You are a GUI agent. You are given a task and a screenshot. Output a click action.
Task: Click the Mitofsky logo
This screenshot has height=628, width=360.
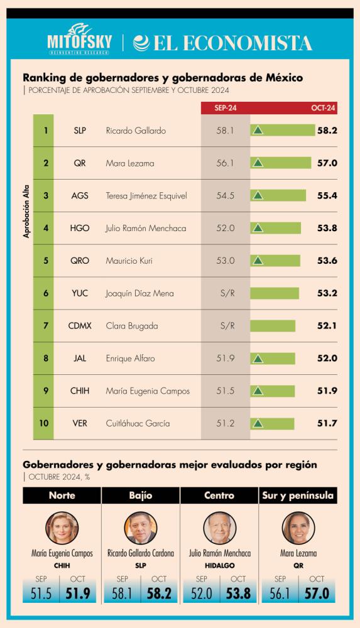pyautogui.click(x=80, y=41)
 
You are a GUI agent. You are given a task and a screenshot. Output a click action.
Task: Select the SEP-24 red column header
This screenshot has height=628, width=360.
pyautogui.click(x=225, y=109)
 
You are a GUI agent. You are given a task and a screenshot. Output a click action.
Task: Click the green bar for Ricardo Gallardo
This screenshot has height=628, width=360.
pyautogui.click(x=283, y=131)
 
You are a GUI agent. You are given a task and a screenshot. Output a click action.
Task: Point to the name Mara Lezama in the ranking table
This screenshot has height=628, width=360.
pyautogui.click(x=130, y=163)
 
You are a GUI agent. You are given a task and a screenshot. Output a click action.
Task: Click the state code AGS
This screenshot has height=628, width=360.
pyautogui.click(x=80, y=196)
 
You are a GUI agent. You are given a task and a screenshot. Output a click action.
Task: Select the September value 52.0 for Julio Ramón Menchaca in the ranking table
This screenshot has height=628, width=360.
pyautogui.click(x=225, y=229)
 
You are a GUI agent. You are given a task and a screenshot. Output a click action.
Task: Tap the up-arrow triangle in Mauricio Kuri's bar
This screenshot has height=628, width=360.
pyautogui.click(x=257, y=261)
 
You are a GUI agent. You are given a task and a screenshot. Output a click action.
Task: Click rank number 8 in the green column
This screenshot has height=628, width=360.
pyautogui.click(x=46, y=359)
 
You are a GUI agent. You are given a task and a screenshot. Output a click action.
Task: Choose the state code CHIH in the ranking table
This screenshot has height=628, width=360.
pyautogui.click(x=80, y=391)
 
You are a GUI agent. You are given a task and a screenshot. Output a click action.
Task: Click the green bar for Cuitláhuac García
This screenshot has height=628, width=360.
pyautogui.click(x=273, y=424)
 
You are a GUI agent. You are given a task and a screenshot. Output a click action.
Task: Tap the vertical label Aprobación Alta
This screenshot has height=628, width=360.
pyautogui.click(x=27, y=214)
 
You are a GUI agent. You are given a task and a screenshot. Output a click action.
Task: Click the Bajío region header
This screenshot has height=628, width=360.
pyautogui.click(x=141, y=495)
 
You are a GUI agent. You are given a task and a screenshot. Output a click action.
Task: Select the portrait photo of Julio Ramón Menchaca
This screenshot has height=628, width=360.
pyautogui.click(x=219, y=528)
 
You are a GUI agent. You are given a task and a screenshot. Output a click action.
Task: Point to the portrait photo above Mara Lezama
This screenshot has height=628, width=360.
pyautogui.click(x=298, y=528)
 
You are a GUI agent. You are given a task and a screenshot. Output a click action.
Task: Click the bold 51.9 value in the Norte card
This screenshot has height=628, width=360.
pyautogui.click(x=79, y=593)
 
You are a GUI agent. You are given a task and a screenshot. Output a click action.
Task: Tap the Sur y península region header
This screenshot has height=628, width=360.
pyautogui.click(x=298, y=495)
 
